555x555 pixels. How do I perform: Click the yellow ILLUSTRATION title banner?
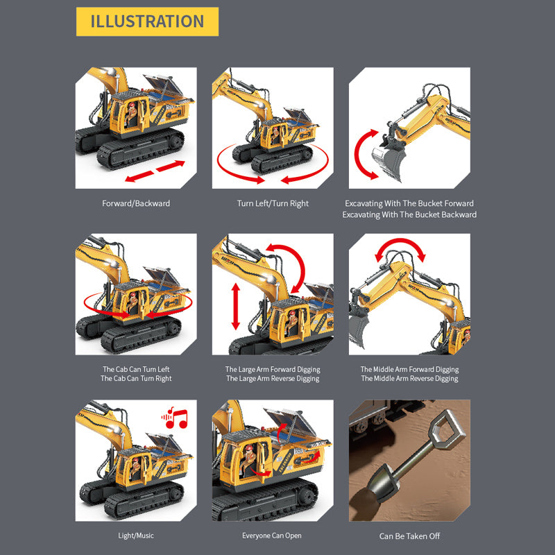tap(147, 22)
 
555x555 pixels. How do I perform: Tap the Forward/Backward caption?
tap(136, 203)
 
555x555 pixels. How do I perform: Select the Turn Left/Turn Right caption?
tap(273, 203)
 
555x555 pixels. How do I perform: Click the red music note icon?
tap(175, 418)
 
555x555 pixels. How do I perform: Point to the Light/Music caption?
tap(136, 536)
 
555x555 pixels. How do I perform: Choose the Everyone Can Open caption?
tap(272, 536)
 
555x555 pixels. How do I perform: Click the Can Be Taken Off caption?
tap(409, 536)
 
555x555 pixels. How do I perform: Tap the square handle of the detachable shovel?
tap(447, 427)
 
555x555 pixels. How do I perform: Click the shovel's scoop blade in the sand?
tap(383, 482)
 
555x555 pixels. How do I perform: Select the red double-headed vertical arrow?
tap(236, 307)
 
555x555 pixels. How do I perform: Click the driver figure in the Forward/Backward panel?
tap(131, 114)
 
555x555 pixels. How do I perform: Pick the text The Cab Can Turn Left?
tap(136, 369)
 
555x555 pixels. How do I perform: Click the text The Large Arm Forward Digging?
tap(273, 370)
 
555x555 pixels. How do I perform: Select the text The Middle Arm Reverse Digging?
tap(409, 379)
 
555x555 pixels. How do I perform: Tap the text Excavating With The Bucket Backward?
tap(409, 214)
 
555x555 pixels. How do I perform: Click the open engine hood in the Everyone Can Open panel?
tap(291, 423)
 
